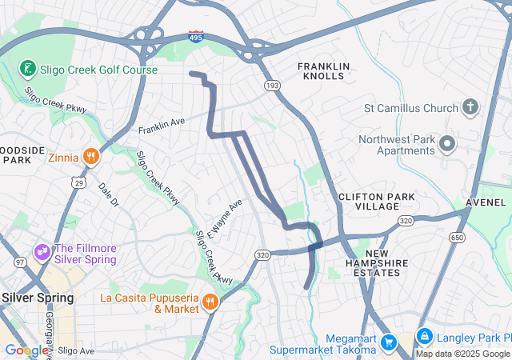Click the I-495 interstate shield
[x=195, y=37]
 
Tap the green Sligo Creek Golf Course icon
[x=28, y=67]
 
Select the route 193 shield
[x=272, y=84]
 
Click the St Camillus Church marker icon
[x=471, y=107]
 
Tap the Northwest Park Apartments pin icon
[x=446, y=145]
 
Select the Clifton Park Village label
[x=369, y=201]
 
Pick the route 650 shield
[x=457, y=238]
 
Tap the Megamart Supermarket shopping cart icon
[x=389, y=342]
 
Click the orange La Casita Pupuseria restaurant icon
[x=210, y=302]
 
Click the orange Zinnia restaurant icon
[x=92, y=157]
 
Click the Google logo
[x=26, y=350]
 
